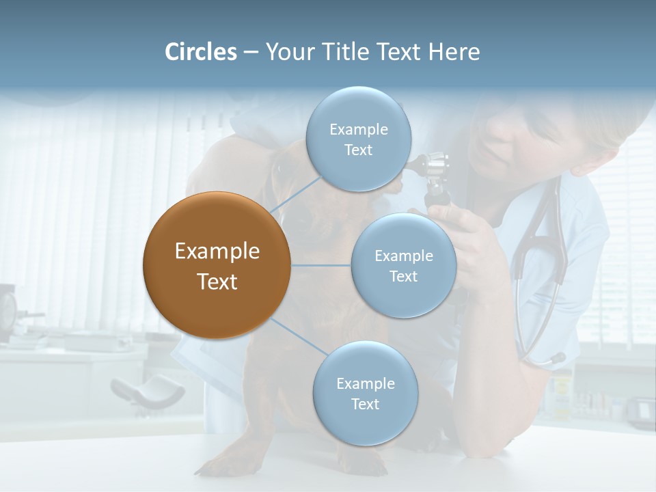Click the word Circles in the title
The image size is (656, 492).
[200, 52]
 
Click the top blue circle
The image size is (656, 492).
[358, 139]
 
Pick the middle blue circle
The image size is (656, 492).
[403, 265]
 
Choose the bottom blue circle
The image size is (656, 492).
[365, 393]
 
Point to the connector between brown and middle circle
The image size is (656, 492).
[321, 265]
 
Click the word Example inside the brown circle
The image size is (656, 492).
[217, 251]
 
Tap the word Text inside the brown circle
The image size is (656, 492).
[217, 282]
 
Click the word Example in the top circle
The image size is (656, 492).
[358, 129]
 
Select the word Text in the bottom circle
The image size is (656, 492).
[365, 404]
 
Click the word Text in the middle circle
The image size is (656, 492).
[403, 276]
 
